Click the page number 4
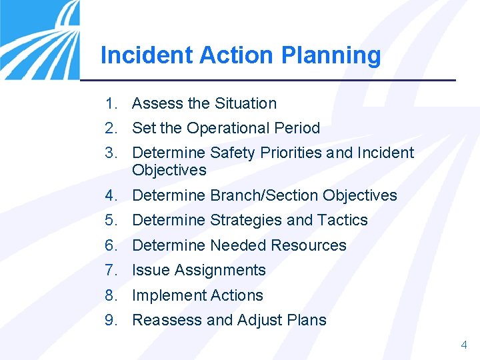tap(464, 345)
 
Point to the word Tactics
tap(343, 220)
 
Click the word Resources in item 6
tap(313, 245)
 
